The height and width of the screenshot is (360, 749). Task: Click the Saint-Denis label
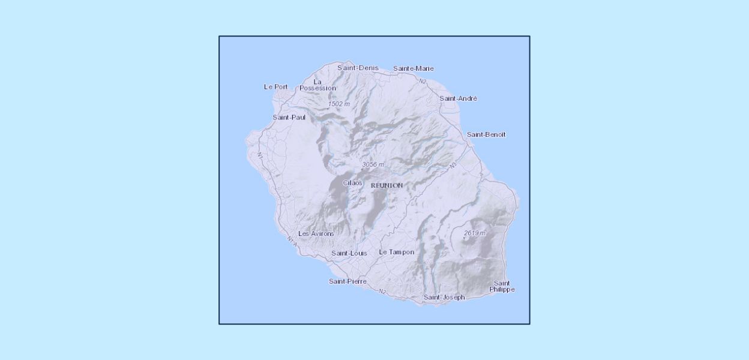tap(358, 68)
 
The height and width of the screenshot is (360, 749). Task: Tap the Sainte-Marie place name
tap(413, 68)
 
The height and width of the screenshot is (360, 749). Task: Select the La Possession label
tap(317, 85)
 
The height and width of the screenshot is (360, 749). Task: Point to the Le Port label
tap(275, 86)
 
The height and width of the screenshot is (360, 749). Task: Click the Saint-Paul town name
tap(289, 117)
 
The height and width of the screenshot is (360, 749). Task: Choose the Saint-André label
tap(458, 98)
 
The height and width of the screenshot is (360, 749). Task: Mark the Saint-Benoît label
tap(486, 134)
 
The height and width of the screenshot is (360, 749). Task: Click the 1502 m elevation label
tap(338, 104)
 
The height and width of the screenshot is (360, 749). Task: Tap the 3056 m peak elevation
tap(373, 164)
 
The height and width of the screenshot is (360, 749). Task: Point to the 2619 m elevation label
tap(474, 233)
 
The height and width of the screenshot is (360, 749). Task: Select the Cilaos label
tap(352, 182)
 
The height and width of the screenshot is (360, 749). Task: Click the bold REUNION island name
tap(387, 185)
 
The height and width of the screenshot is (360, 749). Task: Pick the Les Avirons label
tap(316, 233)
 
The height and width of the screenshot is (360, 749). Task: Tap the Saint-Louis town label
tap(349, 253)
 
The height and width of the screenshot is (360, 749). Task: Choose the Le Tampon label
tap(396, 252)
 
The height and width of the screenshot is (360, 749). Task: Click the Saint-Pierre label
tap(347, 281)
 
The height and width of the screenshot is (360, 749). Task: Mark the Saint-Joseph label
tap(444, 297)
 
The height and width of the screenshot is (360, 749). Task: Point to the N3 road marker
tap(453, 164)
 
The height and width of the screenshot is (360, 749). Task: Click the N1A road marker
tap(292, 241)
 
